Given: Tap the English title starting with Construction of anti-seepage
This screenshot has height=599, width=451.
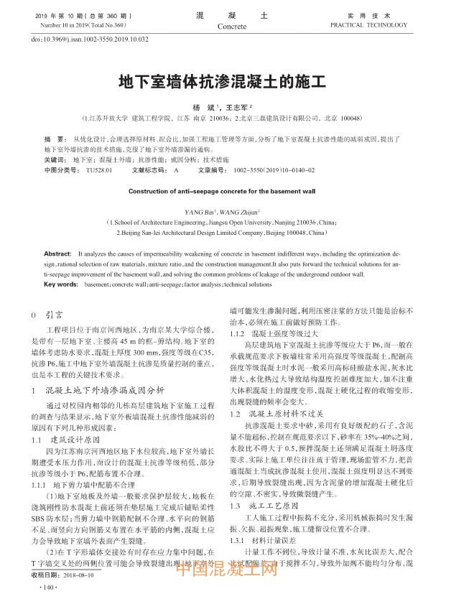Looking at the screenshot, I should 221,192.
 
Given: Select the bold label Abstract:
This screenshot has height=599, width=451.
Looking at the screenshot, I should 58,255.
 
